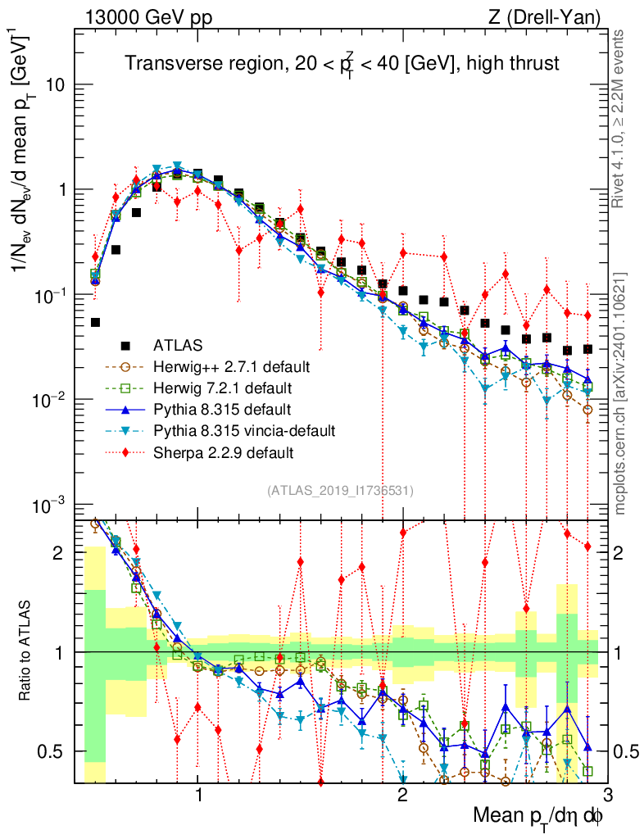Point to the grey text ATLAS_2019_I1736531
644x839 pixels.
(x=340, y=491)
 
